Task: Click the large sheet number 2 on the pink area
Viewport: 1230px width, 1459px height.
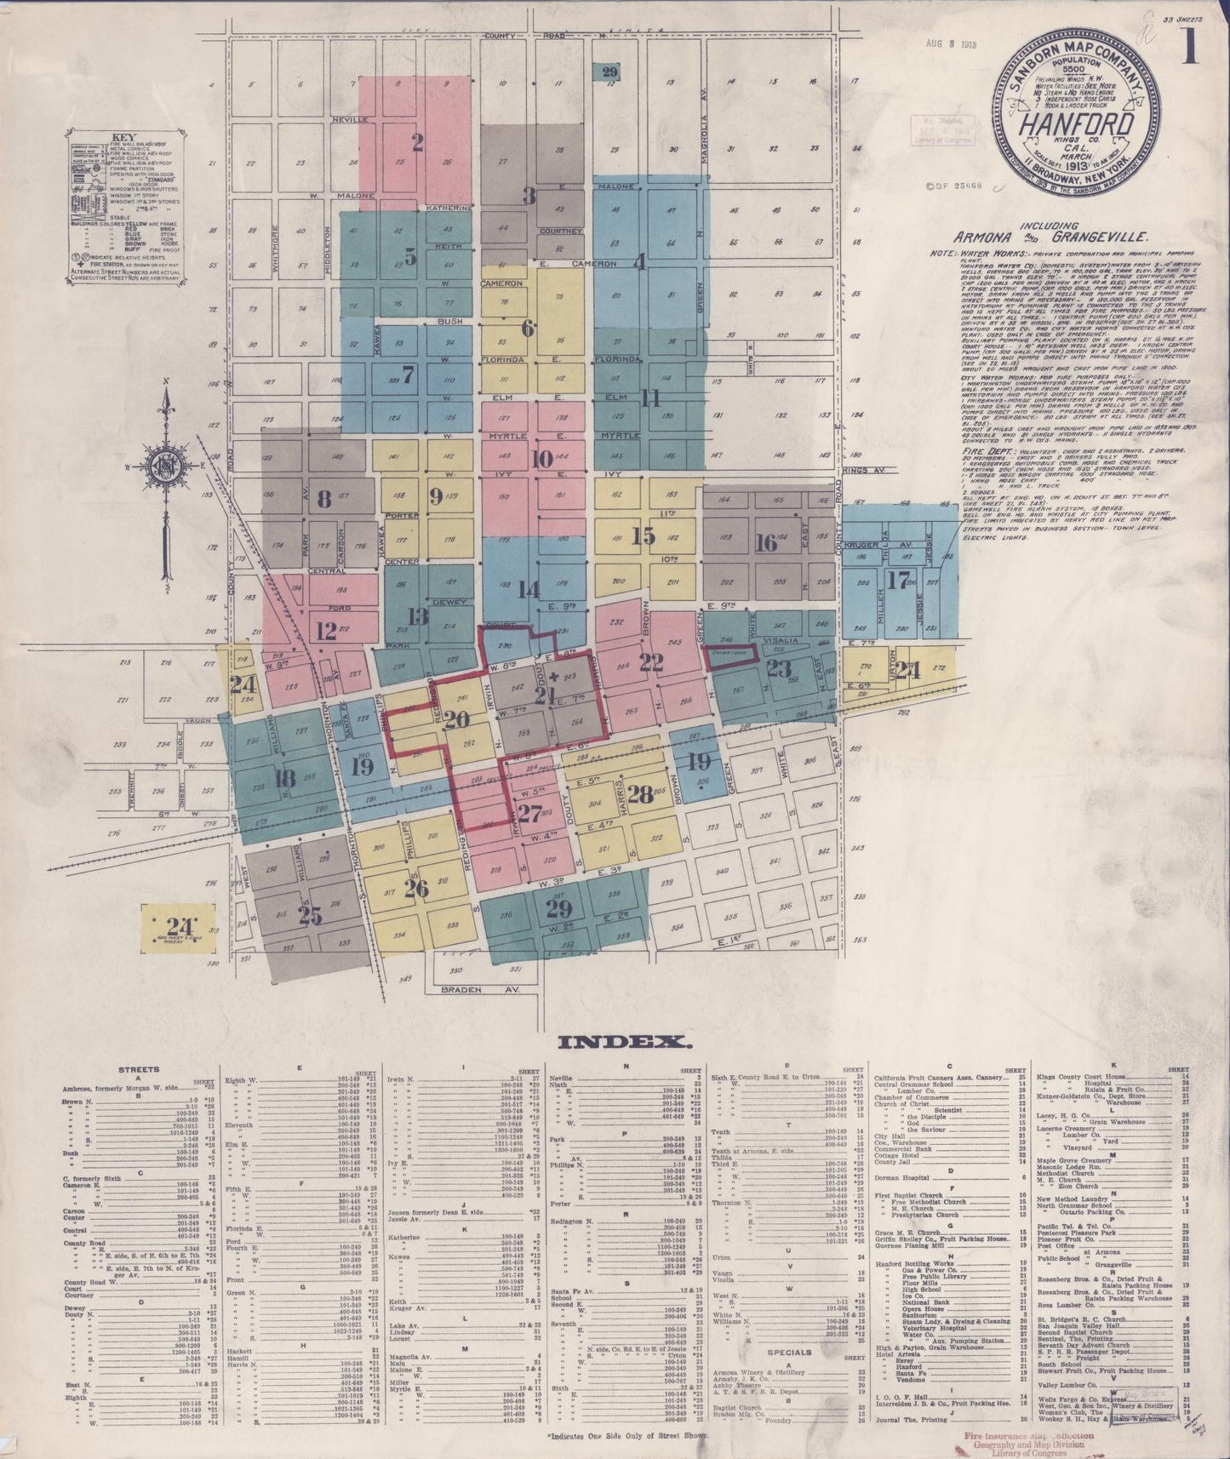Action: (x=417, y=142)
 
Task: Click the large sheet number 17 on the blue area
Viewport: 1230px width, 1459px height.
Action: (x=897, y=581)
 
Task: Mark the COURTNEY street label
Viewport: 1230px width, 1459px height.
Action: (x=560, y=231)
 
